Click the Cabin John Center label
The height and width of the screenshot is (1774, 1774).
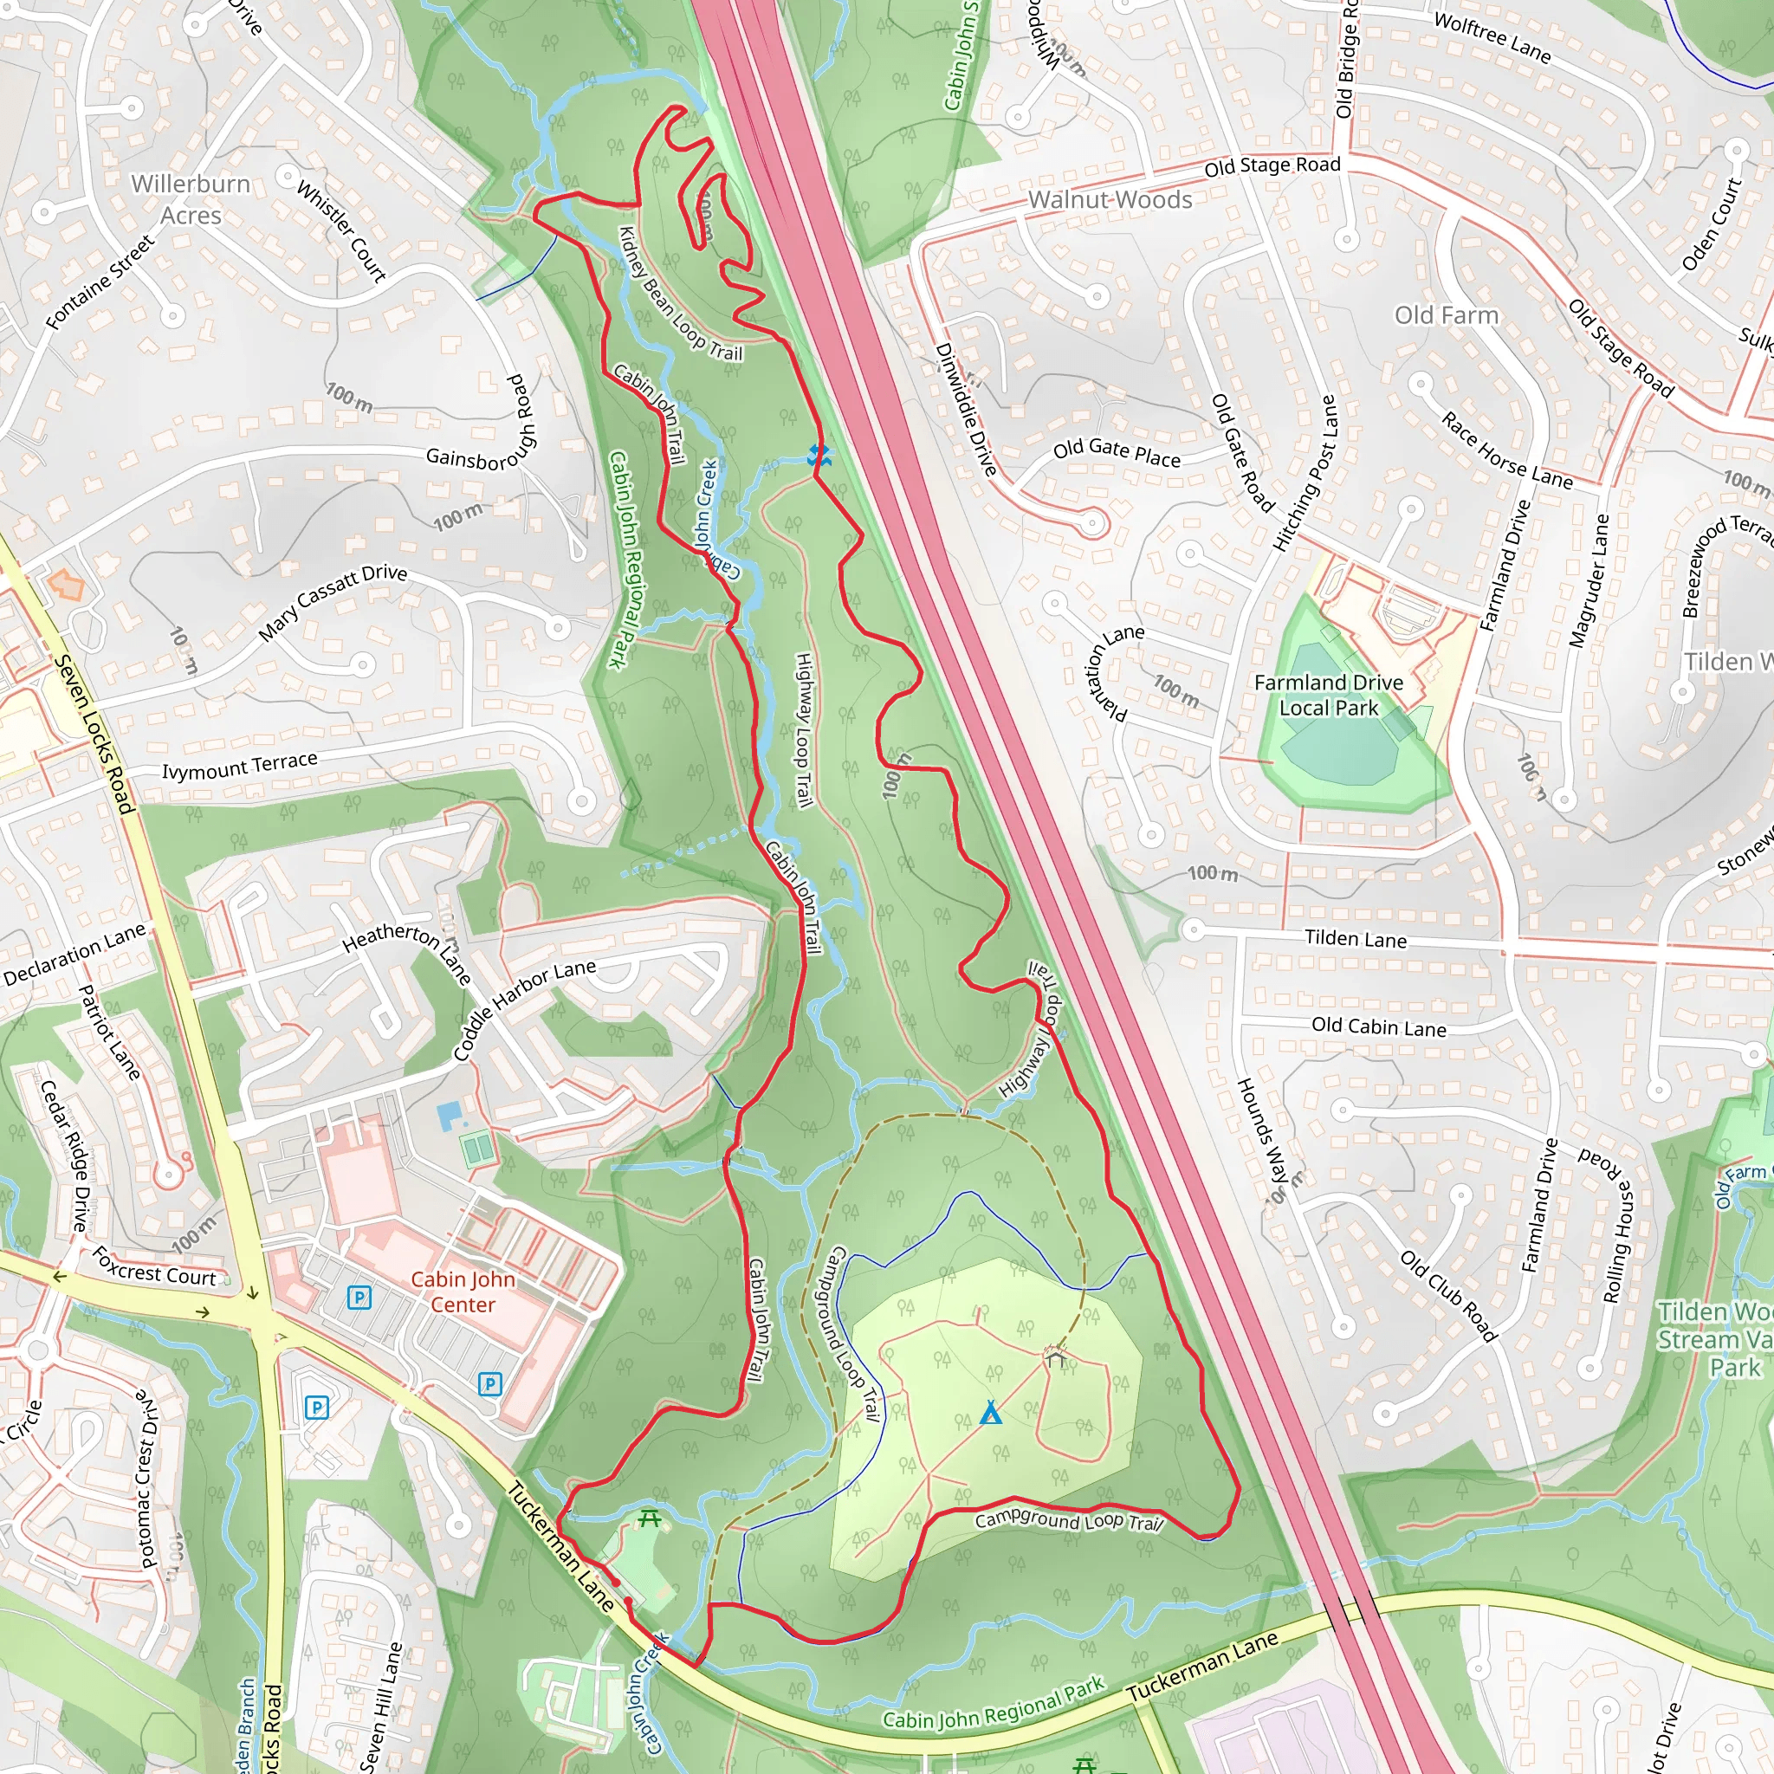point(463,1291)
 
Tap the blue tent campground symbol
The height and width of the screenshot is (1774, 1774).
point(990,1413)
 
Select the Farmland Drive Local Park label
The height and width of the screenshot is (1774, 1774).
point(1328,695)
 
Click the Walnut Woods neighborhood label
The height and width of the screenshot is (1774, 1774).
point(1110,199)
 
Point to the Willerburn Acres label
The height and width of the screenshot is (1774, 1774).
point(191,199)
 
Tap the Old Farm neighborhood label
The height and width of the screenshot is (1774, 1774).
point(1447,315)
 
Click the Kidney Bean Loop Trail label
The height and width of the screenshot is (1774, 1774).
point(679,294)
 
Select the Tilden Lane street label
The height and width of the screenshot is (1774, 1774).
point(1356,938)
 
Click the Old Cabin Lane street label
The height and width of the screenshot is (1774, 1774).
point(1378,1026)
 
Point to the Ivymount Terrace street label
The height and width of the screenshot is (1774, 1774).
point(240,765)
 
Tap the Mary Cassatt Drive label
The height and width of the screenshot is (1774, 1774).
point(333,601)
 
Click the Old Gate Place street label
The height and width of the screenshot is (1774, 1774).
point(1117,453)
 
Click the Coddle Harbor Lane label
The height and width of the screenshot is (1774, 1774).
point(525,1009)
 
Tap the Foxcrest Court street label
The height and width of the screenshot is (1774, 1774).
point(153,1266)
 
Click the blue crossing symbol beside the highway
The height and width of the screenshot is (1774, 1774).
point(819,456)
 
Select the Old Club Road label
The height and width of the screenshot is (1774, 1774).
point(1449,1296)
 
